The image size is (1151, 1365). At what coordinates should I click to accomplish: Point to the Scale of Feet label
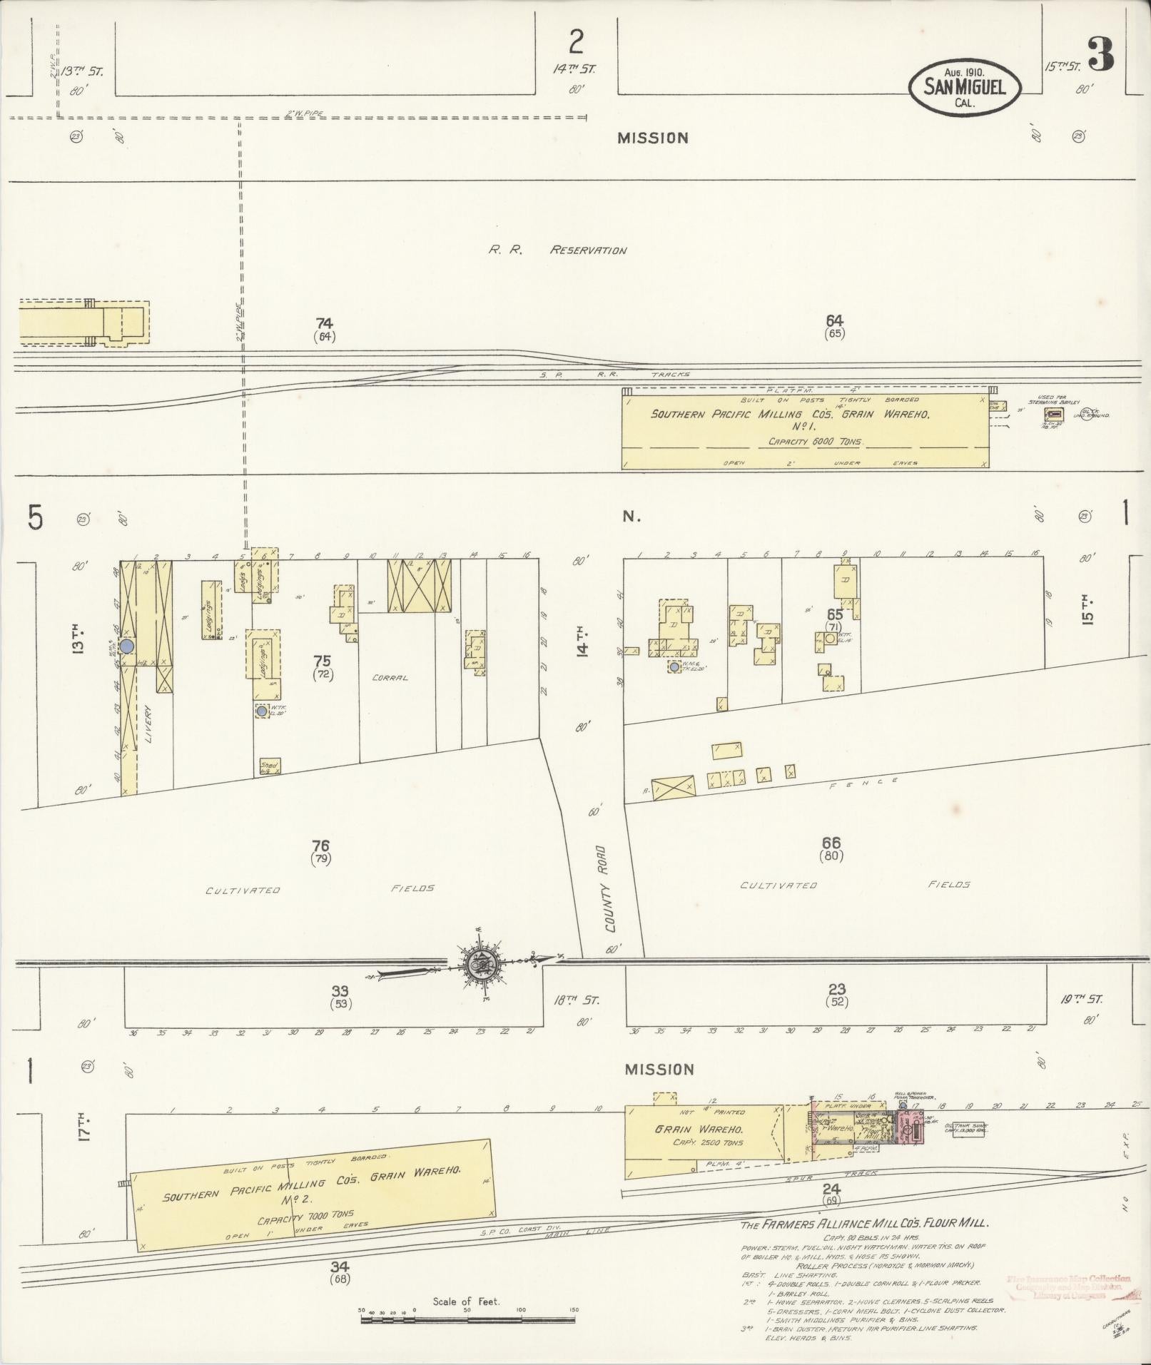(x=466, y=1301)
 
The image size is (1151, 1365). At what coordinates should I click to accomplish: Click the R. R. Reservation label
(x=557, y=250)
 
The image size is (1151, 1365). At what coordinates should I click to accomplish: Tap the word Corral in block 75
(x=390, y=677)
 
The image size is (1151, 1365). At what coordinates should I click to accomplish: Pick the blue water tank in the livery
(x=126, y=645)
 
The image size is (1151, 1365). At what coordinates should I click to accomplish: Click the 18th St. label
(x=577, y=1000)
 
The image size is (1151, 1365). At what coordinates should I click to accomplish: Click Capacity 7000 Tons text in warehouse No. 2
(x=317, y=1217)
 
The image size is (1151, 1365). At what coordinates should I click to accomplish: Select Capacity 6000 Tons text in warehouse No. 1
(x=815, y=442)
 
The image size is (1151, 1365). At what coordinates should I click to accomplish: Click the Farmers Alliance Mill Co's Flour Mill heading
(x=864, y=1222)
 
